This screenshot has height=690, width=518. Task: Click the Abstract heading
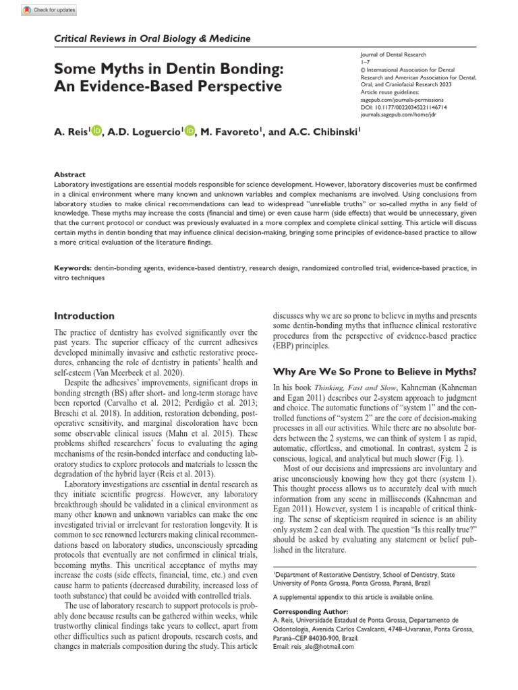(69, 174)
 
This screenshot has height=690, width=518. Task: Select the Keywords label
(73, 268)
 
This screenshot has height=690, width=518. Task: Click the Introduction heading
(84, 315)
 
